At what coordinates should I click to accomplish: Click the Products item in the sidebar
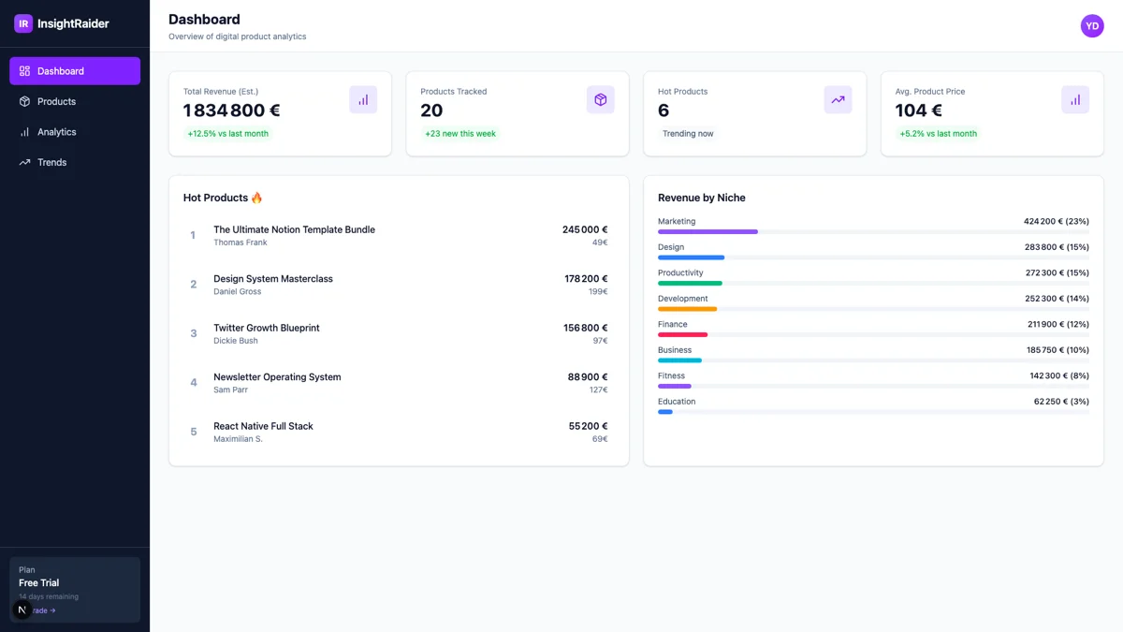tap(56, 101)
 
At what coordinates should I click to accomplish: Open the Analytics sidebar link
tap(56, 132)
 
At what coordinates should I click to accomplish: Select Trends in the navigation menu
tap(51, 162)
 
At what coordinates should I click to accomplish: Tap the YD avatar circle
tap(1092, 26)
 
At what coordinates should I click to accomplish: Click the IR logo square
tap(23, 23)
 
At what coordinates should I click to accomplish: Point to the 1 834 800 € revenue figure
tap(232, 110)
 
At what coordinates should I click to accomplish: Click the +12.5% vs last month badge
tap(228, 134)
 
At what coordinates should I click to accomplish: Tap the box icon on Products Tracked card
tap(601, 99)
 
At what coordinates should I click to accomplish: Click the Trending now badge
tap(688, 134)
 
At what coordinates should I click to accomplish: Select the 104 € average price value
tap(918, 110)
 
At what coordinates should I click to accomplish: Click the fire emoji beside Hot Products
tap(257, 198)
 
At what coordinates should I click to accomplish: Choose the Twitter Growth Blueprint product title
tap(267, 328)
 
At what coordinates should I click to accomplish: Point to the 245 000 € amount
tap(585, 229)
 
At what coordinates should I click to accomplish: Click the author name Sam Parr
tap(230, 389)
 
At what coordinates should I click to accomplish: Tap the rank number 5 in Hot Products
tap(194, 432)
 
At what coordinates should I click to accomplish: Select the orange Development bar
tap(687, 309)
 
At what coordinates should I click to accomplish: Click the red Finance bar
tap(682, 334)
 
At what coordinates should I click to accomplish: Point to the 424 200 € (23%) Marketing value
tap(1056, 222)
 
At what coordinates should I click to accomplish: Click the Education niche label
tap(677, 402)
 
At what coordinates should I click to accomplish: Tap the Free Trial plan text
tap(39, 582)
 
